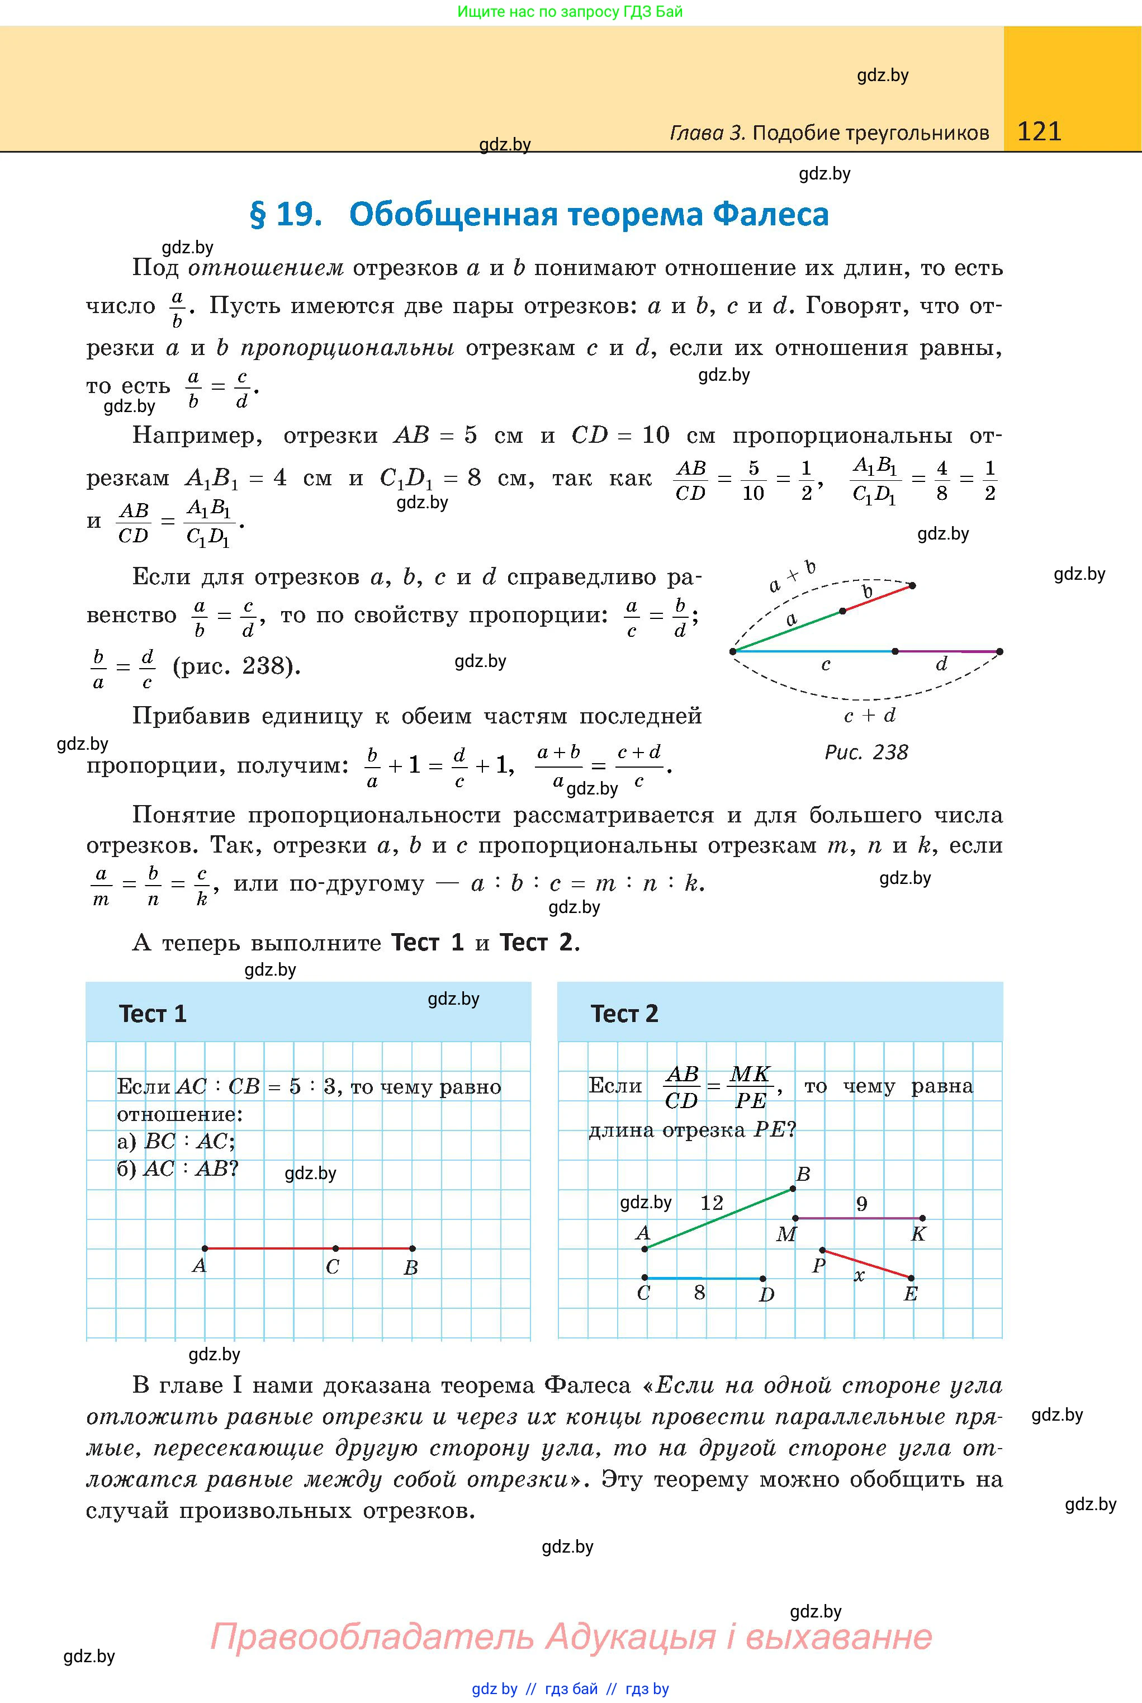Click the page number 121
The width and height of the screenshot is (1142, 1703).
[1039, 131]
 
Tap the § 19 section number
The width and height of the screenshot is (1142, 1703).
[286, 214]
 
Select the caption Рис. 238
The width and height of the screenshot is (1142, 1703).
[866, 753]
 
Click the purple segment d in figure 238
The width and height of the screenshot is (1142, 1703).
[947, 651]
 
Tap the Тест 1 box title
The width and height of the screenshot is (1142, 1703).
[153, 1014]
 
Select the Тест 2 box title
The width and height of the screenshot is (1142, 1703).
[624, 1014]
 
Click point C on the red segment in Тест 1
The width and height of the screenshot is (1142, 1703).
[335, 1248]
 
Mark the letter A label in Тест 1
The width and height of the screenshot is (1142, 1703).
[200, 1266]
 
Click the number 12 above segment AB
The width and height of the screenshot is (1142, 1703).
[712, 1203]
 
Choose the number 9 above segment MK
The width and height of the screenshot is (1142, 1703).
[861, 1203]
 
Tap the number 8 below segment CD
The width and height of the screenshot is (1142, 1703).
[699, 1293]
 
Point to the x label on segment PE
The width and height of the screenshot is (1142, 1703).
[859, 1275]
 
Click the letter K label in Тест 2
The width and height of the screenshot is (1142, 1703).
[918, 1234]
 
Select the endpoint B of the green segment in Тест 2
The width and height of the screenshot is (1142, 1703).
[793, 1189]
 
